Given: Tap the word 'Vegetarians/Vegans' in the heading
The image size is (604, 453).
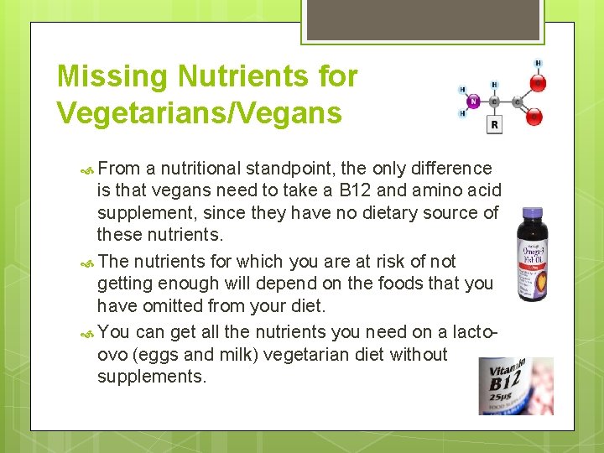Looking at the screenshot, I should point(199,112).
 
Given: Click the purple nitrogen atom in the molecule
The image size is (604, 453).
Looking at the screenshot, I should point(472,102).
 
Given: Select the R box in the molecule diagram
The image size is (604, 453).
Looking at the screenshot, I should point(494,125).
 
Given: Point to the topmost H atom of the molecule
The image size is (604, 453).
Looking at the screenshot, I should point(538,63).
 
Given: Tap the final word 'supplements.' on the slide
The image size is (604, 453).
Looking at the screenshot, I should point(151,377).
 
